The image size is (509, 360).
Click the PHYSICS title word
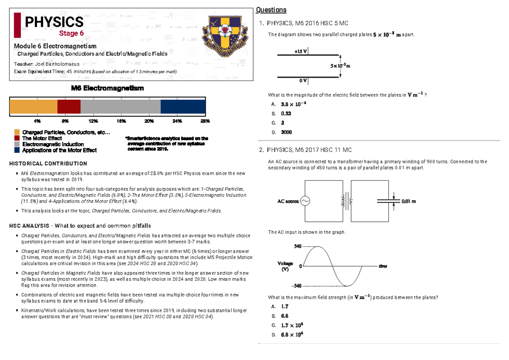(53, 22)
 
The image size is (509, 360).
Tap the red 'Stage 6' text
(71, 33)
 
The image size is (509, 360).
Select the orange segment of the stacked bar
(34, 107)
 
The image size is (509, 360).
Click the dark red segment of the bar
(69, 107)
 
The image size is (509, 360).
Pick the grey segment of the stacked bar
(120, 107)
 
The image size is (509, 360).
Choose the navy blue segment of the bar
(183, 107)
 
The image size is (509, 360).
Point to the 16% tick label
(121, 121)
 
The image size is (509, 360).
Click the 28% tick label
(205, 121)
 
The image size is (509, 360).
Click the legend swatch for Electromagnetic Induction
(17, 144)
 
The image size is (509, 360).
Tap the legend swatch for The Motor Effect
(17, 138)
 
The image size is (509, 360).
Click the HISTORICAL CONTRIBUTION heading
(50, 163)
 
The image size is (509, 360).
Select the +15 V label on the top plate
(300, 51)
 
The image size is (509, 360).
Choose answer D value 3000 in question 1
(286, 132)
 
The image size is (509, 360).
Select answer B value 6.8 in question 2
(285, 316)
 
